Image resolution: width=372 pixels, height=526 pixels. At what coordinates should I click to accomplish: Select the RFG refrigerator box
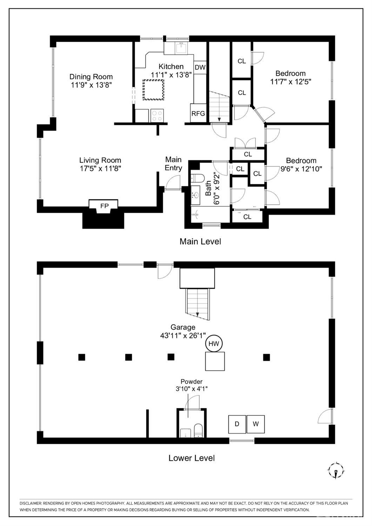tap(198, 113)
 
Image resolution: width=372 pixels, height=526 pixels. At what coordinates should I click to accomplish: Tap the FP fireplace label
tap(104, 206)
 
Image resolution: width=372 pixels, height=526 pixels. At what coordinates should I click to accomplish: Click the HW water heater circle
tap(214, 343)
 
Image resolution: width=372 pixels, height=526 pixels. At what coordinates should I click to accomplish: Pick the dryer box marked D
tap(237, 424)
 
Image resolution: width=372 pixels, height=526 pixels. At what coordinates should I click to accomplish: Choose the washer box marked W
tap(255, 424)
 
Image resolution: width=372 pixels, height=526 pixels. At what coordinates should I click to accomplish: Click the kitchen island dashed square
tap(153, 90)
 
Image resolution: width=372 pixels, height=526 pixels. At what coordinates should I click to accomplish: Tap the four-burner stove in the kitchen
tap(157, 116)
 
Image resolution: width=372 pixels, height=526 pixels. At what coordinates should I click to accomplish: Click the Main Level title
tap(200, 242)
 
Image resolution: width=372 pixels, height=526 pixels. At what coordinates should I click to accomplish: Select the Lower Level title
tap(191, 458)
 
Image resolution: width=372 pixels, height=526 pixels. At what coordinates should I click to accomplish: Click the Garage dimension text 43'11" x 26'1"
tap(183, 336)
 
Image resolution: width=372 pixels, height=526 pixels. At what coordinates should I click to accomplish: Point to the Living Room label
tap(100, 160)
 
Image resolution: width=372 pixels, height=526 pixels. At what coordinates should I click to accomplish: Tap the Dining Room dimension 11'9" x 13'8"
tap(91, 85)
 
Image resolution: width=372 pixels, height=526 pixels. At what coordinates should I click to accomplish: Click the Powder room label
tap(191, 382)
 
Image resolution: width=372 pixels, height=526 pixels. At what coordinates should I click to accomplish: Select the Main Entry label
tap(173, 164)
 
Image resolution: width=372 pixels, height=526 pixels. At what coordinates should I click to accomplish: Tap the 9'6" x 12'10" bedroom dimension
tap(301, 169)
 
